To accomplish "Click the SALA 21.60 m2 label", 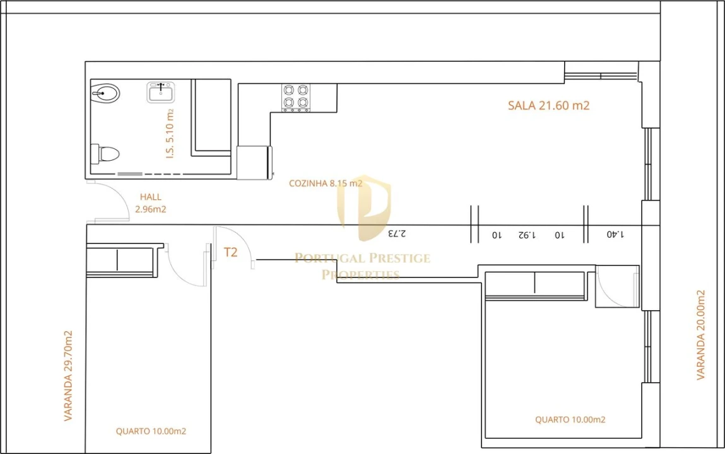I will tap(548, 106).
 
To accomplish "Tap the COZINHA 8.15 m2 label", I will tap(326, 183).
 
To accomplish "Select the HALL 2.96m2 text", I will tap(150, 203).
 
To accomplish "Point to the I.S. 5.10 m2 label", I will tap(170, 133).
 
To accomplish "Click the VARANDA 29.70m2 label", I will tap(68, 376).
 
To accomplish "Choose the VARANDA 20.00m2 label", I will tap(700, 335).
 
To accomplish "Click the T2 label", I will tap(231, 252).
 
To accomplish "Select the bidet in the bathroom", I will tap(105, 93).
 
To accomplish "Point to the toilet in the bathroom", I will tap(105, 153).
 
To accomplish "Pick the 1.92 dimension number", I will tap(526, 235).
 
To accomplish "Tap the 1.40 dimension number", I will tap(615, 234).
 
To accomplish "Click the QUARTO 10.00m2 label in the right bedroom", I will tap(570, 419).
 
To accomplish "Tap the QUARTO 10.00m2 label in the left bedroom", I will tap(151, 431).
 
